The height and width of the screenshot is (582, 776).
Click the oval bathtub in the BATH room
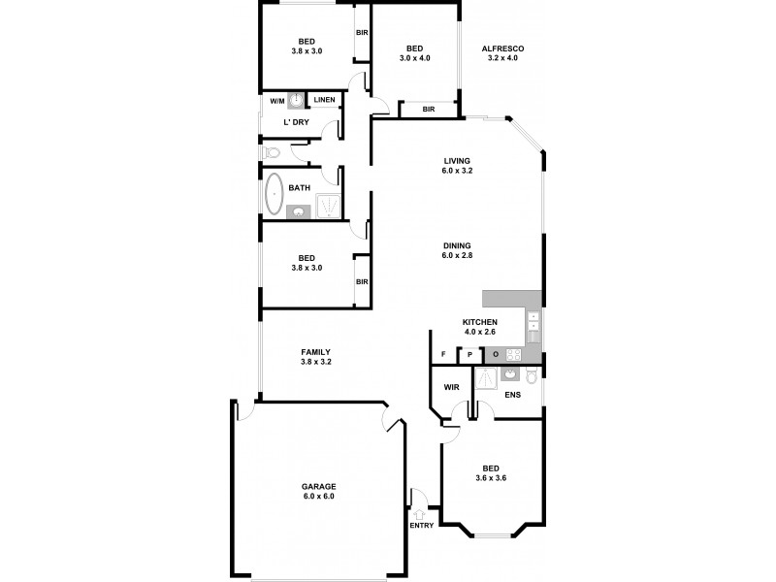[274, 195]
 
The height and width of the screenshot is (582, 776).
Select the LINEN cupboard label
[324, 100]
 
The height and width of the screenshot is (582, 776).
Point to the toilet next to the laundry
[271, 152]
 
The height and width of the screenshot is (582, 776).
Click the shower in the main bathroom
[329, 206]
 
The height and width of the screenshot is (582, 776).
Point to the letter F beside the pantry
[443, 355]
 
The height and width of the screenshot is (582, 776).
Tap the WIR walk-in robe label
[451, 387]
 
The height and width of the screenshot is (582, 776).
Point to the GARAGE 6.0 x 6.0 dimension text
[317, 496]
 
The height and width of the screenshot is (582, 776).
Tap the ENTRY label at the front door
[421, 526]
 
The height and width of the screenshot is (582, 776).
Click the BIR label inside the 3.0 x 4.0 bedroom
[429, 110]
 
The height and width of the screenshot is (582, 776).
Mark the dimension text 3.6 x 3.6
[492, 477]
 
